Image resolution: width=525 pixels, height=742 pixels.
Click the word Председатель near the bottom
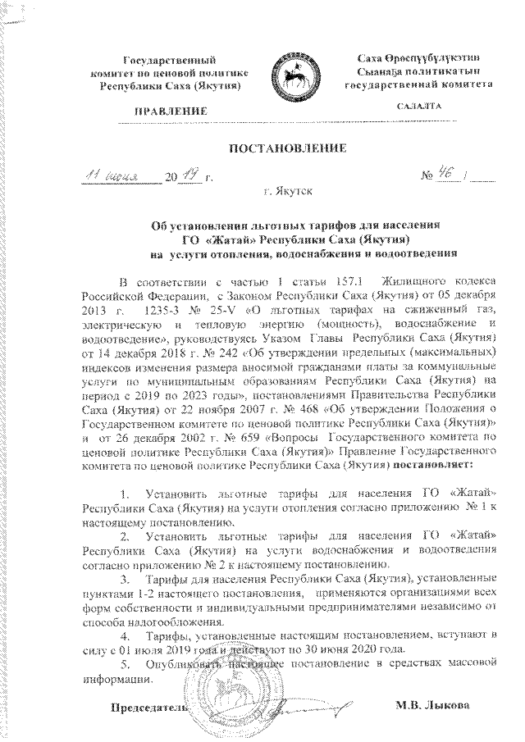[144, 706]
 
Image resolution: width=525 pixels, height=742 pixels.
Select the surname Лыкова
[451, 705]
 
